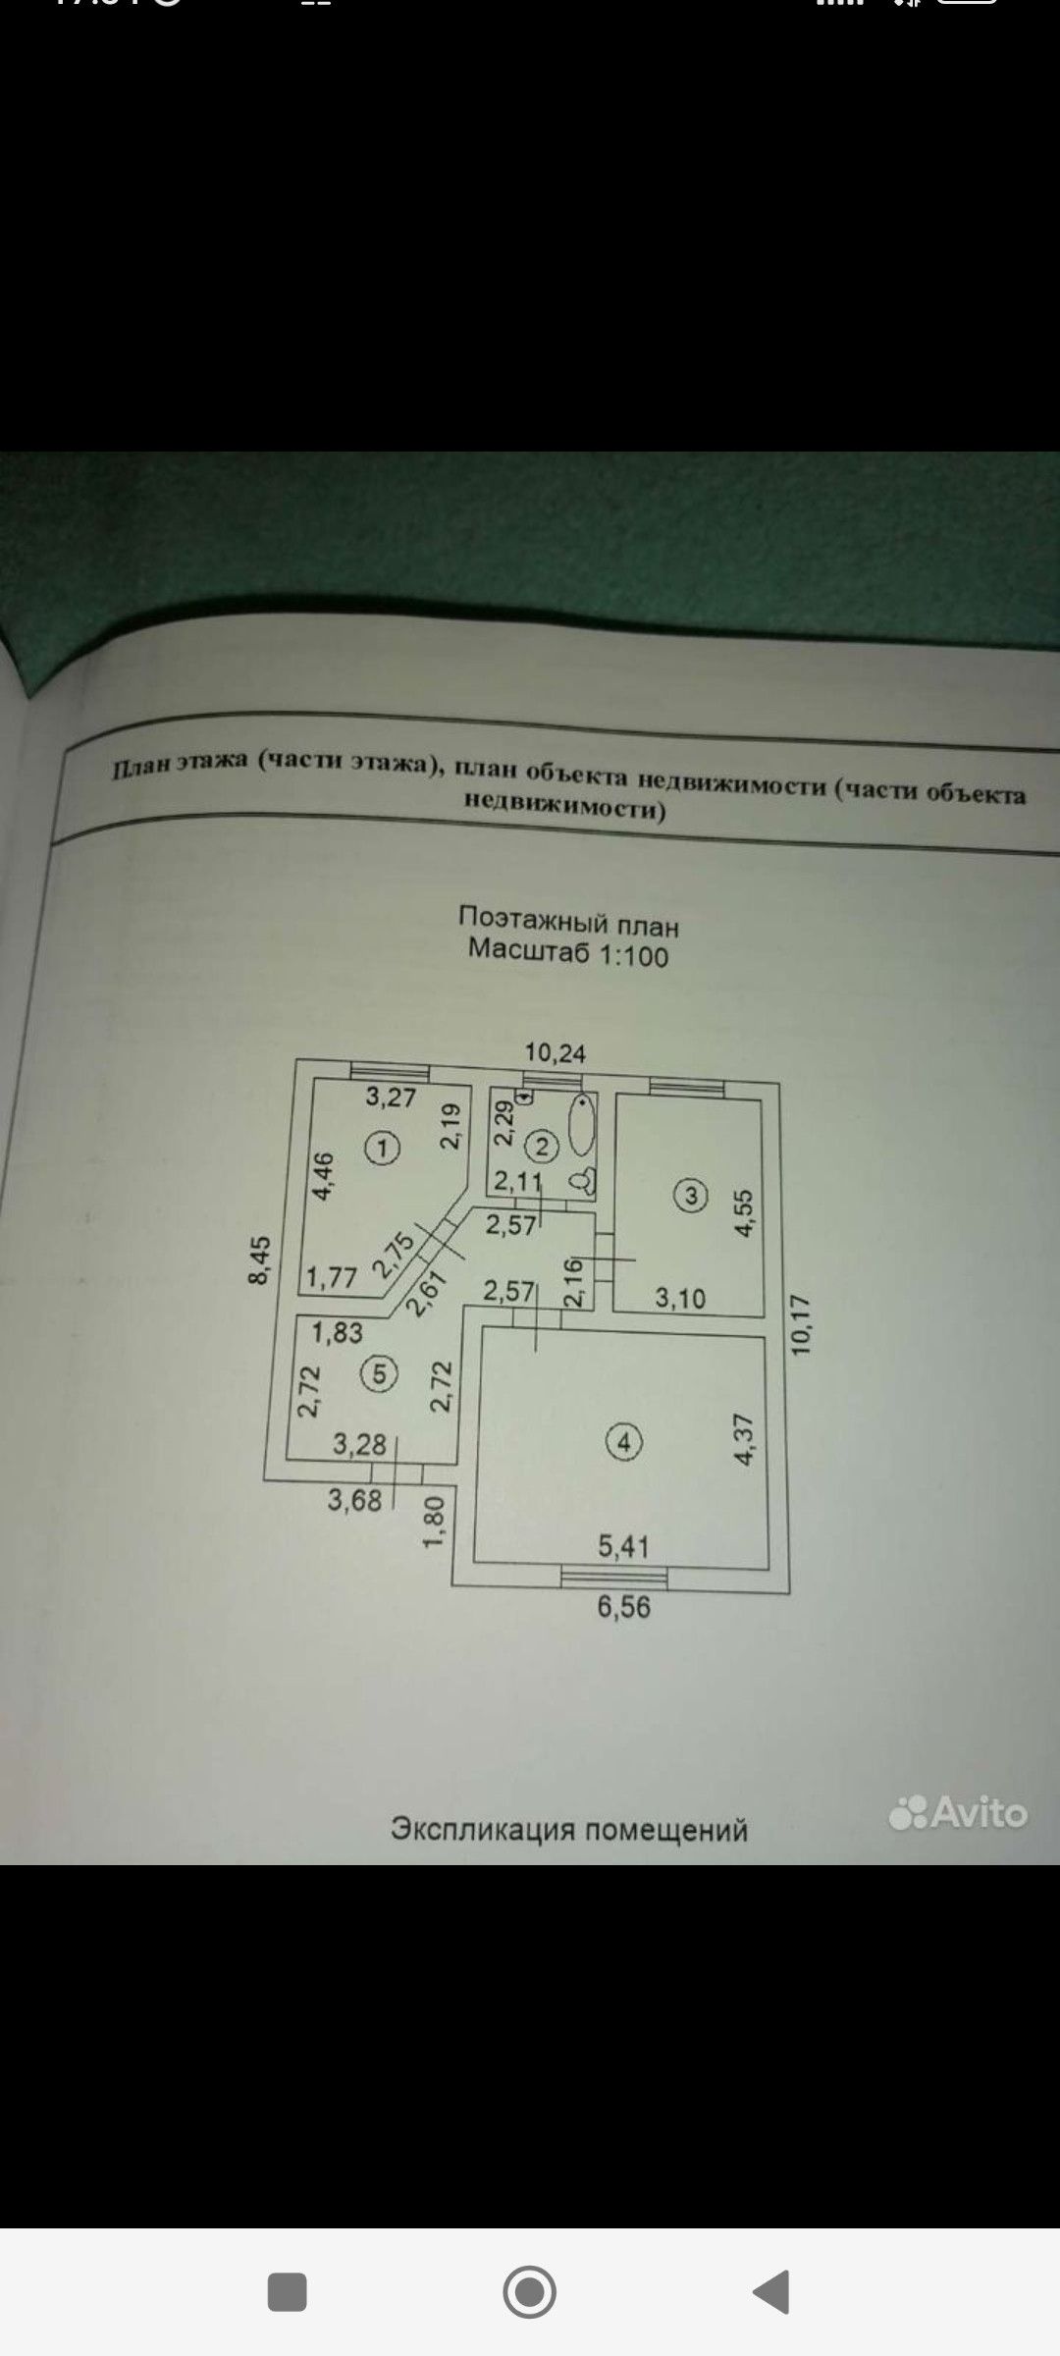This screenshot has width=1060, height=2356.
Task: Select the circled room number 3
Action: click(x=691, y=1196)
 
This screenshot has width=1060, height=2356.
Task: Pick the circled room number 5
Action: click(x=379, y=1374)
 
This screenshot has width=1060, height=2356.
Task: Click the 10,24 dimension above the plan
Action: click(x=556, y=1053)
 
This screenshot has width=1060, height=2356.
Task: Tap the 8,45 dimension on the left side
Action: click(x=259, y=1259)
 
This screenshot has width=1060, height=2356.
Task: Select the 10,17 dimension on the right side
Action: click(x=802, y=1325)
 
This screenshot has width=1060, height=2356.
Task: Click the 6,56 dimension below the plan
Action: click(x=624, y=1607)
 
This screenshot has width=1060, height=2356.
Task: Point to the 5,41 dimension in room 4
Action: click(x=624, y=1546)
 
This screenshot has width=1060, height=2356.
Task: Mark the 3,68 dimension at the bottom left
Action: click(x=354, y=1500)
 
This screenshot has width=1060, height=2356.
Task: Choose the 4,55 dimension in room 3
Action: click(x=743, y=1213)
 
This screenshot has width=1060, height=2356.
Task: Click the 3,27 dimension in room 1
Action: click(x=391, y=1097)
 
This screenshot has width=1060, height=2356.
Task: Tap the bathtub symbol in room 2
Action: click(x=583, y=1126)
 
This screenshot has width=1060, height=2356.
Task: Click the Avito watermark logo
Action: click(x=958, y=1812)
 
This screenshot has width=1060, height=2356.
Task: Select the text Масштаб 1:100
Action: click(x=568, y=952)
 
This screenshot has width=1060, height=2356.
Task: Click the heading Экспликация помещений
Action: click(x=569, y=1830)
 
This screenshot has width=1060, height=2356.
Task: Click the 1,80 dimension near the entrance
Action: click(x=434, y=1521)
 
